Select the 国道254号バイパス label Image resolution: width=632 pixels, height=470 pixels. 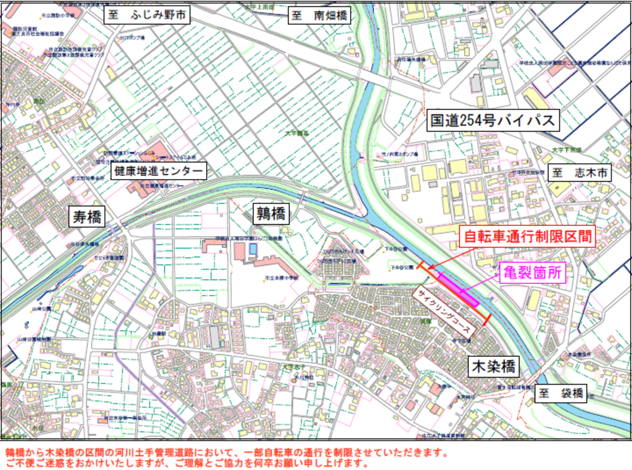492,120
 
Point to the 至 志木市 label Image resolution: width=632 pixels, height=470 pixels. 580,173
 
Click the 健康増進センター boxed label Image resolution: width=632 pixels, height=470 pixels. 159,171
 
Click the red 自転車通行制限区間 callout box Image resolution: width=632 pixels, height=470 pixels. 527,237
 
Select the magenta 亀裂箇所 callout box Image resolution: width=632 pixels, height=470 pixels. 531,273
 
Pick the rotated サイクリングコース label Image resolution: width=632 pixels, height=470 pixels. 442,312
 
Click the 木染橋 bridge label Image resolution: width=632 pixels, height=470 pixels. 493,366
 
